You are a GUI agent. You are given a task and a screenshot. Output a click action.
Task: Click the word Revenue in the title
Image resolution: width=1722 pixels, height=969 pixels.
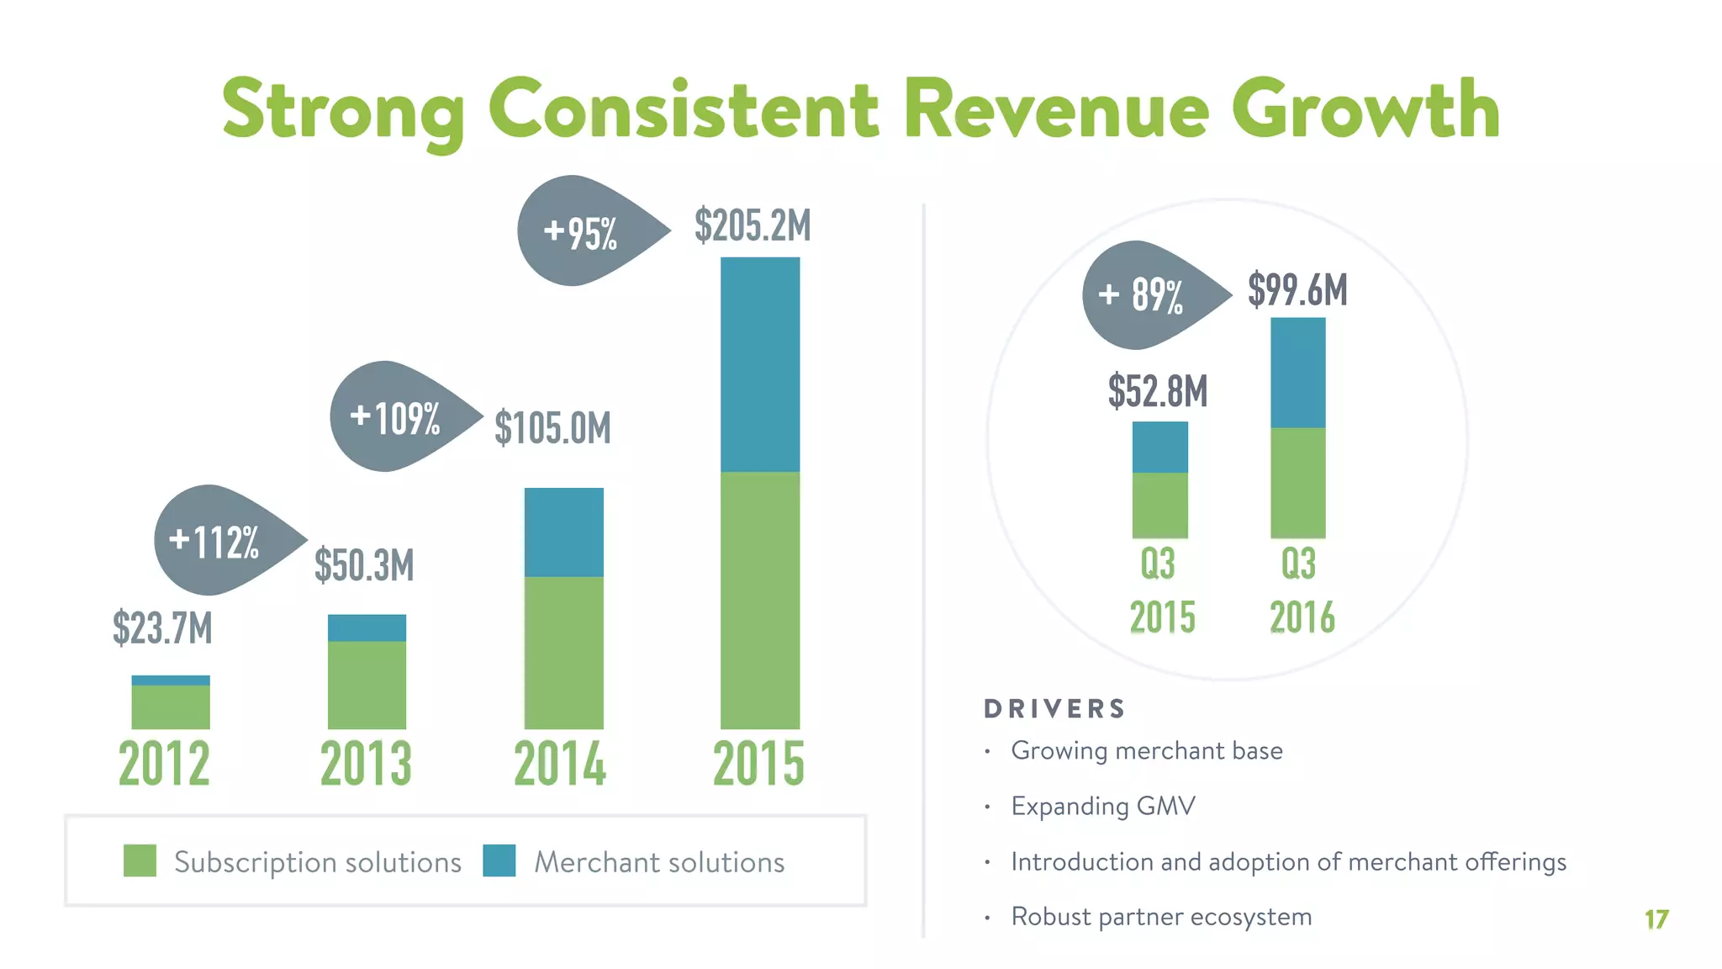[1056, 110]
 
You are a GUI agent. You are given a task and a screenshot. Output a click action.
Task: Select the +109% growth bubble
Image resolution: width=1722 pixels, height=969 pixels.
[395, 416]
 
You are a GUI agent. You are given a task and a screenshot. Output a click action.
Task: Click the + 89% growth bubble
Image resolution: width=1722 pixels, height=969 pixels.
[1144, 295]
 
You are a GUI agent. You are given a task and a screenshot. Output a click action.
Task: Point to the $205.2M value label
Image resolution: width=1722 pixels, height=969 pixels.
[753, 225]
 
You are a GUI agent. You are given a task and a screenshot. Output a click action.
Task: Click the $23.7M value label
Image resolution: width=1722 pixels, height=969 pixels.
[162, 627]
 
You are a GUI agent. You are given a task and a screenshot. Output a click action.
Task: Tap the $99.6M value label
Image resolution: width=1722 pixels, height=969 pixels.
[1297, 289]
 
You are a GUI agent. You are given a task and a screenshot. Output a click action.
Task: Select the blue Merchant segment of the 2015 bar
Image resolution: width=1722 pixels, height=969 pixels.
[760, 364]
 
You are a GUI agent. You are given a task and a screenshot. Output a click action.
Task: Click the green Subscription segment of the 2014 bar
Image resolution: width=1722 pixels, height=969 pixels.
[563, 652]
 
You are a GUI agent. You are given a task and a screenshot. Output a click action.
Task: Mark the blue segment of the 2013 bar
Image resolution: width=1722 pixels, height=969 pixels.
[367, 627]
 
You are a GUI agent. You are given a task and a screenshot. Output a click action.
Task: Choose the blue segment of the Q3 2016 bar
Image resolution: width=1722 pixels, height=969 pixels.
[1297, 373]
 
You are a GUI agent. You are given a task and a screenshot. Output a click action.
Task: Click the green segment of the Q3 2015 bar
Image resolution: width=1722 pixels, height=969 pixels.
[1159, 505]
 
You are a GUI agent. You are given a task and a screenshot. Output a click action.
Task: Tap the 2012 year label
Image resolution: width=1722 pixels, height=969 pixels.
[164, 763]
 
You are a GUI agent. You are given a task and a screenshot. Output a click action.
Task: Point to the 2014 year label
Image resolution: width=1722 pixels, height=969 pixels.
[560, 763]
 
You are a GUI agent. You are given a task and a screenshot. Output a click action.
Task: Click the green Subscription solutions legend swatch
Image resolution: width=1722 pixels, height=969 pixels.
[140, 860]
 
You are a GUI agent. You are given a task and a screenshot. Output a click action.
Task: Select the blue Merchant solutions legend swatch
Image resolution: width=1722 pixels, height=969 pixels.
[499, 860]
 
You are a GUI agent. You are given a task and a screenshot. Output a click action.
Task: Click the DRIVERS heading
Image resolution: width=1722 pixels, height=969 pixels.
[1054, 708]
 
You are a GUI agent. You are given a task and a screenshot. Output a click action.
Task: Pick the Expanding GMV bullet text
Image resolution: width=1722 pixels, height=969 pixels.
[1102, 806]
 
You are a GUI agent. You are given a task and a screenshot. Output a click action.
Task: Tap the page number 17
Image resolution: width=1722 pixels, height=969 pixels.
[1656, 919]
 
